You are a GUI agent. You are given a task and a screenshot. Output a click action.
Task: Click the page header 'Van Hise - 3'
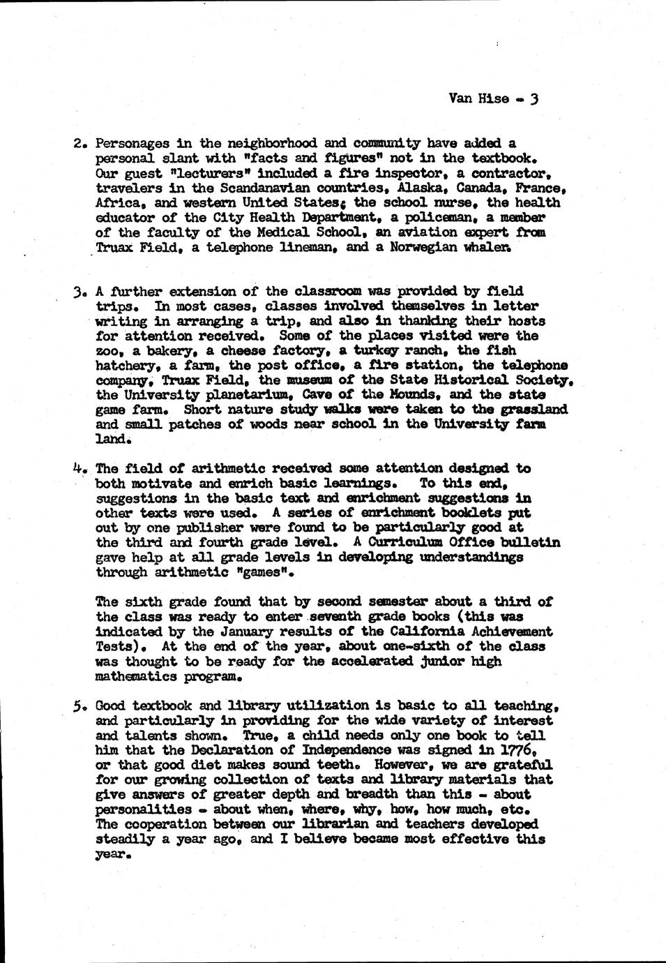(494, 98)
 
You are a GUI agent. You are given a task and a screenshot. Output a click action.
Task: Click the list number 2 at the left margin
(80, 144)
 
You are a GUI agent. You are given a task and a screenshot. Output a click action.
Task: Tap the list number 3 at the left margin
(80, 292)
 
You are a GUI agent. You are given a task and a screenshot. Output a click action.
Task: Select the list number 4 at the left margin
(79, 469)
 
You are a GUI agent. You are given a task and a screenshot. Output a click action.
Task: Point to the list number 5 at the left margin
(80, 706)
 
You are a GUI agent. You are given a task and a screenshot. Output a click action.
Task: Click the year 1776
(517, 750)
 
